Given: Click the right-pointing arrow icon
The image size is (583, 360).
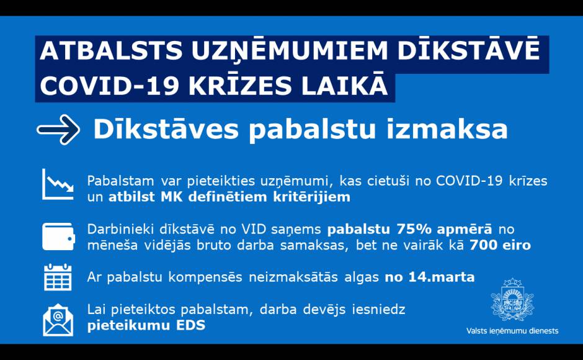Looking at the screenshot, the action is click(58, 130).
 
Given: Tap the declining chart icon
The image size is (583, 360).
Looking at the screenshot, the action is click(58, 184).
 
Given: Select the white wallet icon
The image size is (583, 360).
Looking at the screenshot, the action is click(58, 236).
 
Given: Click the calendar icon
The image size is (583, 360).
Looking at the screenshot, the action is click(58, 277).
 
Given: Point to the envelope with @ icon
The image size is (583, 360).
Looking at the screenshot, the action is click(58, 320).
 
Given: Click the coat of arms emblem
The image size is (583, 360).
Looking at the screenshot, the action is click(512, 300).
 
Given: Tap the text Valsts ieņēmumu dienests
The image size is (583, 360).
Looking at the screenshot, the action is click(512, 331).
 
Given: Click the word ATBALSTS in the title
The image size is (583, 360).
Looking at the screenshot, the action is click(111, 51).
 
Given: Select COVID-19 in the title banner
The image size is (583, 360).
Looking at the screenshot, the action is click(110, 86).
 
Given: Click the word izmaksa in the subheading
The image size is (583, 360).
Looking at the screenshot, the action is click(447, 130).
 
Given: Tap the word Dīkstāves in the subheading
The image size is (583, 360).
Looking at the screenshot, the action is click(166, 130).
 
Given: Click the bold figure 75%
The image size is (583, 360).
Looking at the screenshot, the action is click(414, 229).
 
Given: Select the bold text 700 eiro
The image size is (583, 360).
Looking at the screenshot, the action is click(500, 245).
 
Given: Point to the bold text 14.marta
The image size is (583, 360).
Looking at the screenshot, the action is click(442, 277).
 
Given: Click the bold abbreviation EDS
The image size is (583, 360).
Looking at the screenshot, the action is click(191, 325).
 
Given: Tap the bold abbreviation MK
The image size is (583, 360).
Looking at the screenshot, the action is click(171, 197).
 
